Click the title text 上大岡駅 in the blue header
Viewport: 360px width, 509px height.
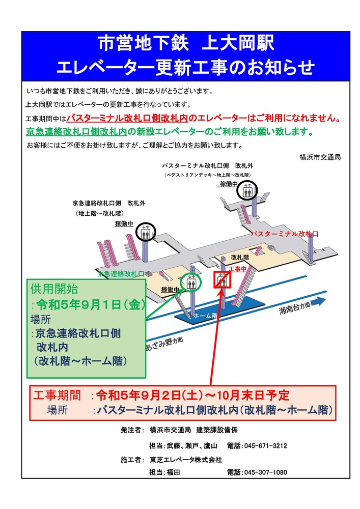(x=239, y=43)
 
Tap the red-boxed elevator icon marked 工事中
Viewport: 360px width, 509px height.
(x=222, y=280)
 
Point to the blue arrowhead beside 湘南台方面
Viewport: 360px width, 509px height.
(x=319, y=301)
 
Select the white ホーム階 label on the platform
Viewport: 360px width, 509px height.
(x=205, y=316)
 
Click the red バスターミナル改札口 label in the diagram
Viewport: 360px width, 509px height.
(x=285, y=234)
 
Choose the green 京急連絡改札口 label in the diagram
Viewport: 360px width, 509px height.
(x=121, y=273)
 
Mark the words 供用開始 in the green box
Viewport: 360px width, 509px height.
(x=54, y=289)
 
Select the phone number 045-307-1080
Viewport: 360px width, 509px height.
(x=266, y=473)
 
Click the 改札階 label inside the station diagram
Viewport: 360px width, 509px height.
(x=240, y=258)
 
